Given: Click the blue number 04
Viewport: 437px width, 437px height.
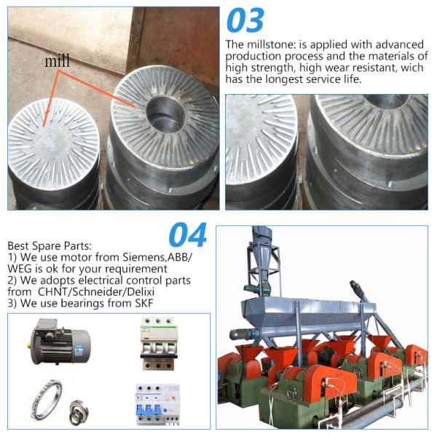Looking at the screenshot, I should [x=188, y=235].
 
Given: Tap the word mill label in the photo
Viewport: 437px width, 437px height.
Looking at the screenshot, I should [x=58, y=62].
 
